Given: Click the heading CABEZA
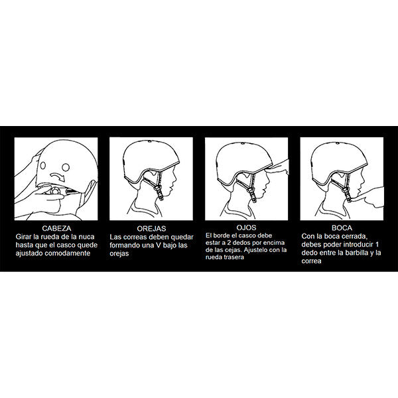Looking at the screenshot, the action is [x=56, y=228].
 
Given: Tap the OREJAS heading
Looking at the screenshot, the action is [x=151, y=228].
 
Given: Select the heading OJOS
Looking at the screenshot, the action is [x=246, y=228].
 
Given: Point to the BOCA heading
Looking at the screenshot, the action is [x=342, y=228].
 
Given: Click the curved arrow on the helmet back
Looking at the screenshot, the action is [x=58, y=176].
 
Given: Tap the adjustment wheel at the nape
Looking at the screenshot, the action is [x=55, y=190].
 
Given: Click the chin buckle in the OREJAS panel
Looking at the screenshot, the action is [x=160, y=192].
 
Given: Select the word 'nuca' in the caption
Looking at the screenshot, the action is [x=86, y=237].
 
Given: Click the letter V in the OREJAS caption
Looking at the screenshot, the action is [x=158, y=245].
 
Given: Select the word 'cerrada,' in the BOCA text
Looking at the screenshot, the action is [x=355, y=237].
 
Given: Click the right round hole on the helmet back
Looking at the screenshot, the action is [x=66, y=167].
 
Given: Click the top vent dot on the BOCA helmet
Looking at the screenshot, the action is [x=338, y=143].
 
